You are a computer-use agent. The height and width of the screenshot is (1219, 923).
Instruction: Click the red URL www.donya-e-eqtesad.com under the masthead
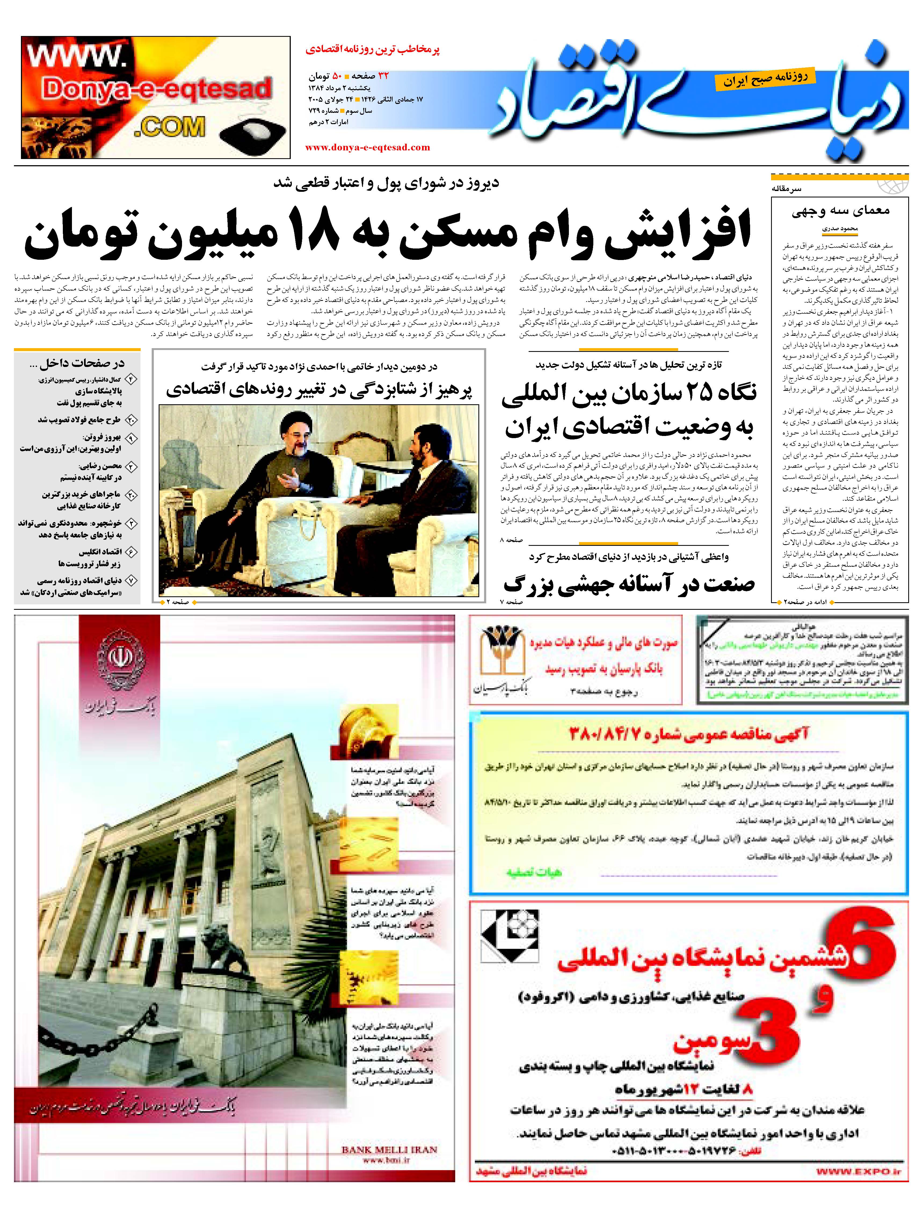pos(367,147)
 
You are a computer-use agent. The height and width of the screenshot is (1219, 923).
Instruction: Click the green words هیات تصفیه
pos(533,872)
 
